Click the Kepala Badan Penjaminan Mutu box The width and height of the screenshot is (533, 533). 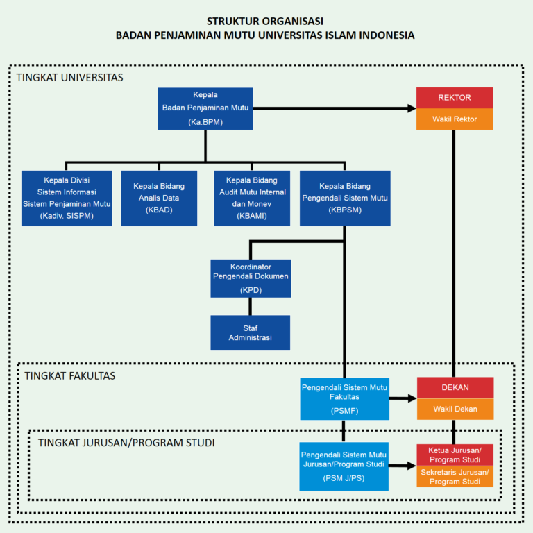(205, 108)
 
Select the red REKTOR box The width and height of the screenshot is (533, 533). (455, 98)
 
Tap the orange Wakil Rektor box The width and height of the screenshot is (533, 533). (455, 119)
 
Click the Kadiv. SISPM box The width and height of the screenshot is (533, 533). (67, 198)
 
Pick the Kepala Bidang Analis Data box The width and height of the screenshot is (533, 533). (159, 198)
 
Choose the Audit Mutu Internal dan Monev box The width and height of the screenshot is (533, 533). (251, 198)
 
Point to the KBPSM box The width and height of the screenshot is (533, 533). (345, 198)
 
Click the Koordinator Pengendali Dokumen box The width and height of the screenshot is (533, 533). (251, 278)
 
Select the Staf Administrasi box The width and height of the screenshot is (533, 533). (251, 332)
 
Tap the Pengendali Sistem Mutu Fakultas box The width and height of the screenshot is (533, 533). (344, 398)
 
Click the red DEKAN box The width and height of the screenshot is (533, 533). (455, 387)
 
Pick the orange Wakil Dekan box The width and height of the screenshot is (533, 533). (455, 409)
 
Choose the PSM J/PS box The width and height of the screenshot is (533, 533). (344, 466)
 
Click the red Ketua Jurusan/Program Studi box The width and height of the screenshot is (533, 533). (455, 455)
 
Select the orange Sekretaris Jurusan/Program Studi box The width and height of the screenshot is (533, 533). (455, 476)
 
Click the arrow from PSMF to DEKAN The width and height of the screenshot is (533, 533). (402, 398)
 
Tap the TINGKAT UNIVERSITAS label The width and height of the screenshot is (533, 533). (69, 77)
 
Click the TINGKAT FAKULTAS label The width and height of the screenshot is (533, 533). (69, 375)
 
